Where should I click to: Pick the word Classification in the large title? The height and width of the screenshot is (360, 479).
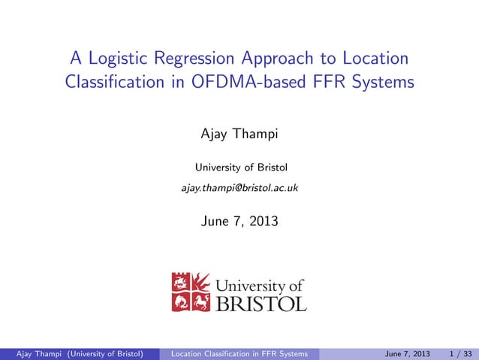(x=113, y=82)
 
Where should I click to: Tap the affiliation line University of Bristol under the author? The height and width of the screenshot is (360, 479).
(x=239, y=167)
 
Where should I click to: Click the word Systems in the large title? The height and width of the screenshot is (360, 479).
(x=381, y=82)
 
